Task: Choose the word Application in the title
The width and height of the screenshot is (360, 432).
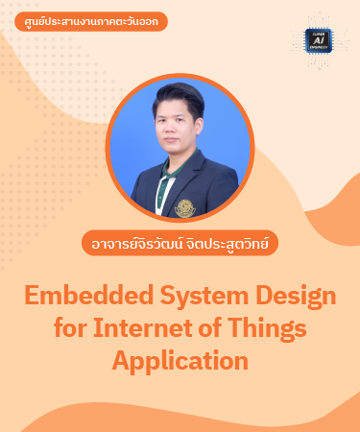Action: pos(180,362)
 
